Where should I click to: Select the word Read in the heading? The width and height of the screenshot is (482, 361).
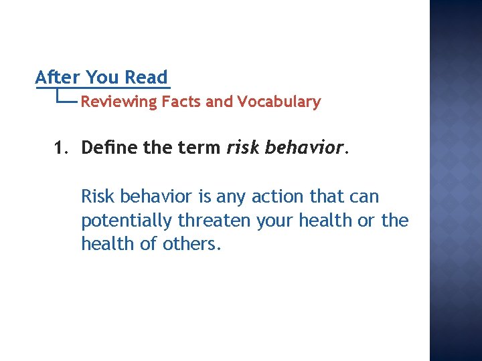[146, 78]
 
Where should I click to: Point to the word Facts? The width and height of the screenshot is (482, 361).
[182, 102]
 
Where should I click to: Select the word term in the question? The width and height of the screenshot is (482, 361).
[199, 148]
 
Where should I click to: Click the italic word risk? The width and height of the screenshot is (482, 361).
[242, 148]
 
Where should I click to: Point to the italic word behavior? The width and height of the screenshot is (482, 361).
[303, 148]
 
